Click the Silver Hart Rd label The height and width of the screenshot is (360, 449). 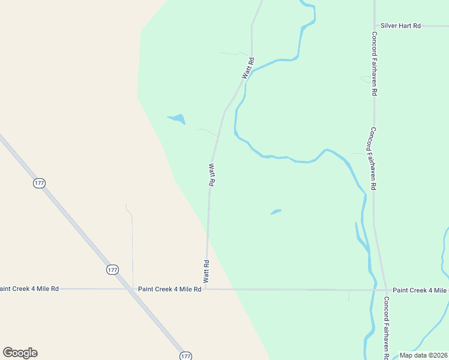(x=400, y=26)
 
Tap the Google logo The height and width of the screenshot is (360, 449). (x=20, y=353)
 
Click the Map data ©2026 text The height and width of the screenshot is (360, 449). (x=424, y=355)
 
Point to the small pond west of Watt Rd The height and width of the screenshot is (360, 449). (x=176, y=118)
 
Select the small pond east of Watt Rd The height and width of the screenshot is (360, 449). (x=276, y=211)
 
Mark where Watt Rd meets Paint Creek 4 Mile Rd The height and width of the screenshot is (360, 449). (x=206, y=289)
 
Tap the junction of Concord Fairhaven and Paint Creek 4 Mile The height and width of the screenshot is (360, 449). (x=385, y=290)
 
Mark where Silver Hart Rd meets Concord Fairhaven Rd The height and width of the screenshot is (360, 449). (x=375, y=26)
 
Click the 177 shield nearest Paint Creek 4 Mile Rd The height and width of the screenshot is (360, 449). (x=113, y=270)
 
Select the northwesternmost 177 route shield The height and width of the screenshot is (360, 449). (x=40, y=184)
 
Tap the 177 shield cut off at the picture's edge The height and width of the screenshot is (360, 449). (x=185, y=356)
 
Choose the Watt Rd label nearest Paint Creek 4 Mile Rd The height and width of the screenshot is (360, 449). (x=206, y=271)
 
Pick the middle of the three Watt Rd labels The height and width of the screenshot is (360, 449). (x=211, y=175)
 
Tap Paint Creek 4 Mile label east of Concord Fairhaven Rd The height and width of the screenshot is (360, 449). (x=420, y=290)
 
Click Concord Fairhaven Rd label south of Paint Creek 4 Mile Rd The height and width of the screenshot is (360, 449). (x=387, y=327)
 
